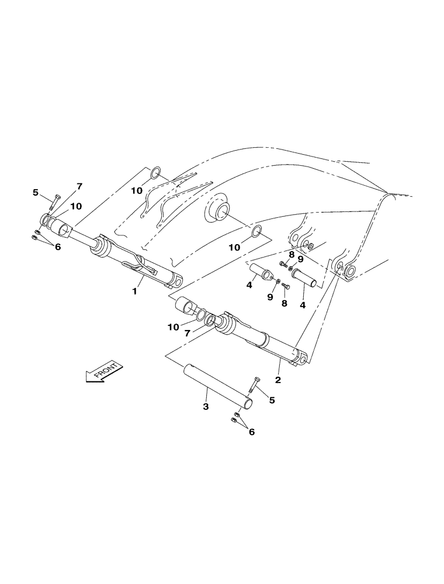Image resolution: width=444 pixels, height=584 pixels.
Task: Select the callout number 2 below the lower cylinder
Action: pos(278,380)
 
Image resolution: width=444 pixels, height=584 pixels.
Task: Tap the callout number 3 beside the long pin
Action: pos(206,406)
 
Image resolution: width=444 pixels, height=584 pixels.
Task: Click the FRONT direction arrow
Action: pos(105,372)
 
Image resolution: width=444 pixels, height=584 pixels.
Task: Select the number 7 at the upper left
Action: pos(79,186)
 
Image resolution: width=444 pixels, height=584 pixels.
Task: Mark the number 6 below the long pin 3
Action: pos(252,432)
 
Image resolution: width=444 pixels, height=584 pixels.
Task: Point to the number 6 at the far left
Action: pos(57,247)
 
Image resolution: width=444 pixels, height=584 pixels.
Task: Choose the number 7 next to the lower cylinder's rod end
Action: pos(188,333)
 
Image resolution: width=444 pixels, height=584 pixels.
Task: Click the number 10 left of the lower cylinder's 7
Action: pos(174,328)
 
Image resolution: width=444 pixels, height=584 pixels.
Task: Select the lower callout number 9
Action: pos(270,297)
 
